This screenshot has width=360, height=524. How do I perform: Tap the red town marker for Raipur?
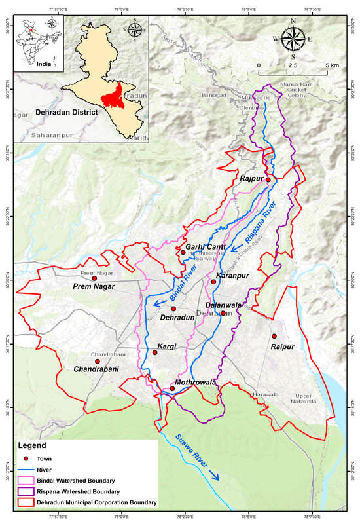(274, 336)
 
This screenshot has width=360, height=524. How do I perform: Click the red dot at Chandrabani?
(97, 361)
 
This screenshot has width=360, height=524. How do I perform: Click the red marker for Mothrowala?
(172, 388)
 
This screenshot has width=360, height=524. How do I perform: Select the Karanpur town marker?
(213, 282)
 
